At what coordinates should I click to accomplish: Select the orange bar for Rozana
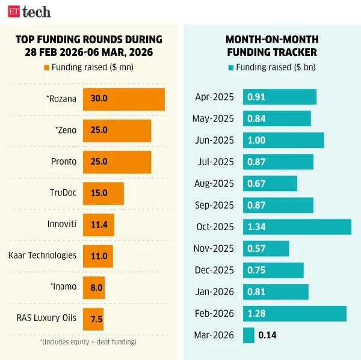pyautogui.click(x=123, y=99)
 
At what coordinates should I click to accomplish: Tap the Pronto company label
pyautogui.click(x=64, y=162)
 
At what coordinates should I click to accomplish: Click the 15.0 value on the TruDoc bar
pyautogui.click(x=99, y=193)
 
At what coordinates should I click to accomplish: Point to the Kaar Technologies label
pyautogui.click(x=42, y=255)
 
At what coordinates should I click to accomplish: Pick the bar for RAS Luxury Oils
pyautogui.click(x=93, y=318)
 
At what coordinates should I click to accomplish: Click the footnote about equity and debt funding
pyautogui.click(x=88, y=342)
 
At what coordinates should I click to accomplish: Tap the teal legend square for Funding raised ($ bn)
pyautogui.click(x=231, y=67)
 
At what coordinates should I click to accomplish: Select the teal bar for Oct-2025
pyautogui.click(x=297, y=227)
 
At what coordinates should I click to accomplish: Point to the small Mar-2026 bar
pyautogui.click(x=248, y=335)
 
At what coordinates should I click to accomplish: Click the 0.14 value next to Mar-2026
pyautogui.click(x=267, y=335)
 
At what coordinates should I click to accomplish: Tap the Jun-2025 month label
pyautogui.click(x=214, y=140)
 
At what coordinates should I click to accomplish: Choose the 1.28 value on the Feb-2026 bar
pyautogui.click(x=256, y=313)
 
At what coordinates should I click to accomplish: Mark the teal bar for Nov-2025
pyautogui.click(x=265, y=248)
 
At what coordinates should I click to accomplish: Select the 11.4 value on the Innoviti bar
pyautogui.click(x=99, y=224)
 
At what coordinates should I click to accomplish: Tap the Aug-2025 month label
pyautogui.click(x=214, y=183)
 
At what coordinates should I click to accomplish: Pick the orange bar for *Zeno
pyautogui.click(x=117, y=130)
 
